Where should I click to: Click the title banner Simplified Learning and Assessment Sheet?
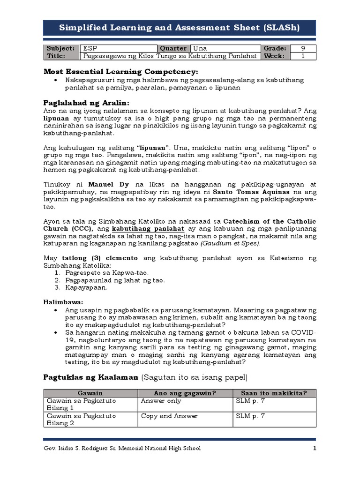tap(180, 28)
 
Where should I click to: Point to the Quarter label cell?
tap(173, 48)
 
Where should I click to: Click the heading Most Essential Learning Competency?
tap(121, 71)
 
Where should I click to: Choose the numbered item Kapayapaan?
tap(79, 288)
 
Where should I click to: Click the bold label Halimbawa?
tap(63, 302)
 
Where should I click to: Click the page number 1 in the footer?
tap(315, 448)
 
